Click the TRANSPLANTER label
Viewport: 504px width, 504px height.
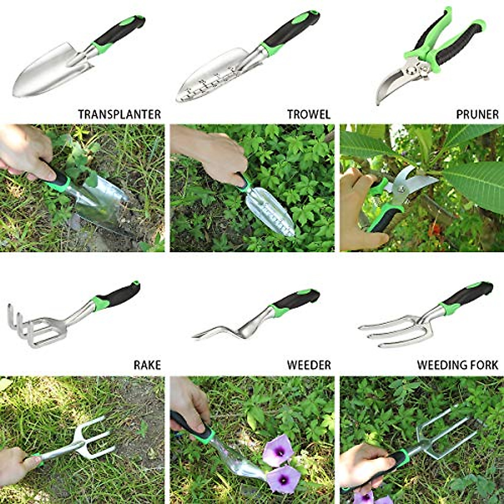tap(119, 114)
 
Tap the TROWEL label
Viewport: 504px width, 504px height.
tap(309, 114)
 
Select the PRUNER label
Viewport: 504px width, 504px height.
tap(477, 114)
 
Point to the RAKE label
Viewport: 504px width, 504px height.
tap(147, 365)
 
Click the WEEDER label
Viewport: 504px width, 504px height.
tap(309, 365)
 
